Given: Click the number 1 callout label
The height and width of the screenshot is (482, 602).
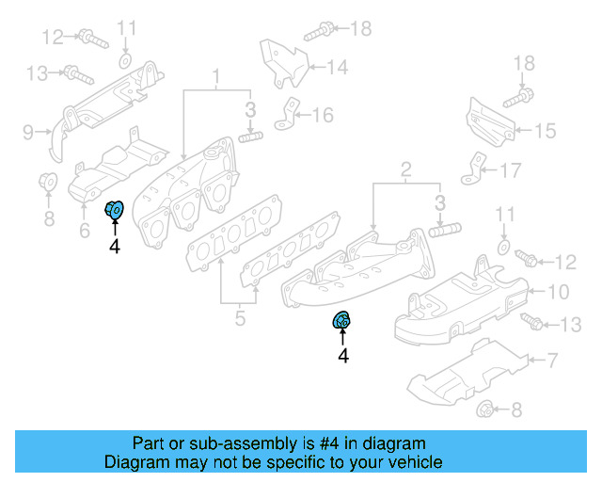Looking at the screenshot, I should pyautogui.click(x=215, y=74).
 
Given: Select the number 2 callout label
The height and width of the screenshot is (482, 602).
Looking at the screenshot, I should pyautogui.click(x=405, y=169).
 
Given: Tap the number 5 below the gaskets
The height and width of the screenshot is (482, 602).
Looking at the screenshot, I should pyautogui.click(x=240, y=319).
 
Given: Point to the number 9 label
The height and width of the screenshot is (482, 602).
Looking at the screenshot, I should pyautogui.click(x=28, y=131).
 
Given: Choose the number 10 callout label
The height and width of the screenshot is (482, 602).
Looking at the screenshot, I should pyautogui.click(x=558, y=291).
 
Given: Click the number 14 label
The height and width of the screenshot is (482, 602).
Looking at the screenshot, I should pyautogui.click(x=337, y=67).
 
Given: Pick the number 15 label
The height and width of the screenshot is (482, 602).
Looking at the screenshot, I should pyautogui.click(x=546, y=131).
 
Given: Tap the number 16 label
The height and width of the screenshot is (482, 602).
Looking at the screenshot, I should pyautogui.click(x=323, y=115).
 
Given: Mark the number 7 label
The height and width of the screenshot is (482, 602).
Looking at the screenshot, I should pyautogui.click(x=552, y=359).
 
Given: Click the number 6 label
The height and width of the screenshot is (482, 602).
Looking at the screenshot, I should pyautogui.click(x=84, y=230).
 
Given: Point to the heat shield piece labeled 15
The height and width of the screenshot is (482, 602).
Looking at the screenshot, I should pyautogui.click(x=486, y=123).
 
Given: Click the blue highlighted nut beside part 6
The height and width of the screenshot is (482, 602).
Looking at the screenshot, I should pyautogui.click(x=115, y=210).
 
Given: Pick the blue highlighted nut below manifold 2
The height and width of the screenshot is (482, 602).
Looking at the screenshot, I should pyautogui.click(x=342, y=321).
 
